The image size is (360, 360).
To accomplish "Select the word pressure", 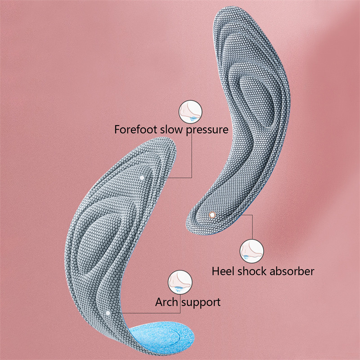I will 207,130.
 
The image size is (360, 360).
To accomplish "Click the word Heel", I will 223,271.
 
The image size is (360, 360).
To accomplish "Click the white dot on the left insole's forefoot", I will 143,178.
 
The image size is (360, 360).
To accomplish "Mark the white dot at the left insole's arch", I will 108,312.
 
